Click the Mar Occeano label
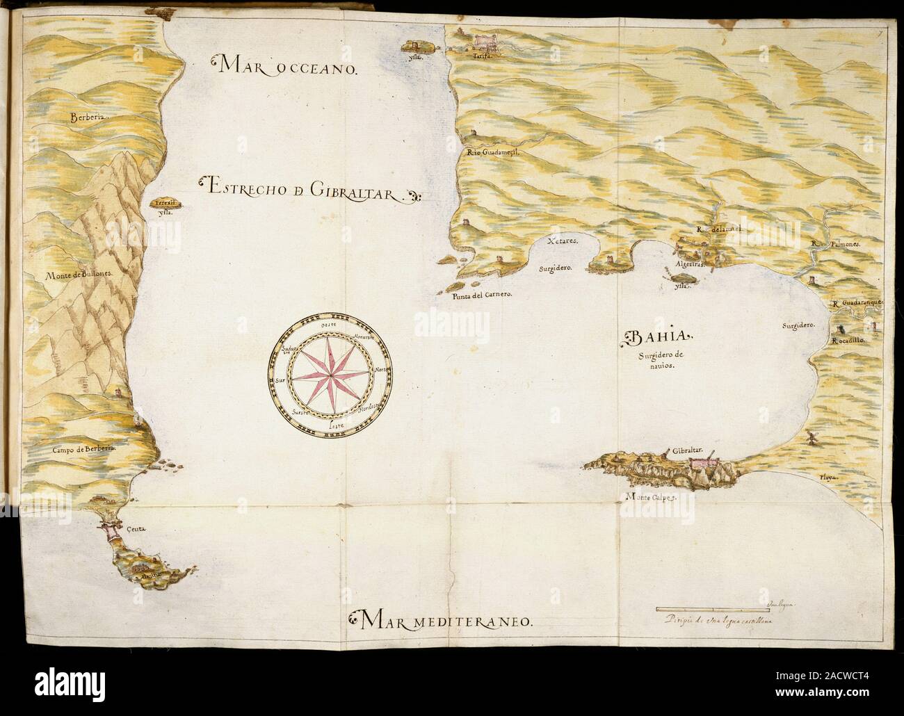(x=286, y=67)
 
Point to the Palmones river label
(x=836, y=245)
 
